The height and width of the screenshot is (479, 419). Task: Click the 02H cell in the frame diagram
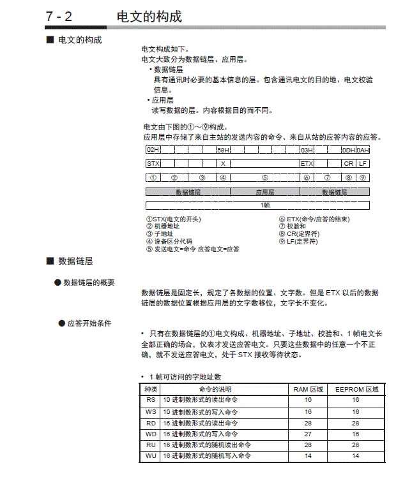tap(153, 150)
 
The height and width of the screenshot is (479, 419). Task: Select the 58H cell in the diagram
tap(223, 150)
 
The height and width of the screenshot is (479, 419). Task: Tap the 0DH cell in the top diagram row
tap(348, 150)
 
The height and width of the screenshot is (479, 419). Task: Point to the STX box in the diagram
tap(153, 163)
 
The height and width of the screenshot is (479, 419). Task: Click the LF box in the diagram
tap(362, 163)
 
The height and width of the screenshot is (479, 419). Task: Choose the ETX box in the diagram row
tap(307, 163)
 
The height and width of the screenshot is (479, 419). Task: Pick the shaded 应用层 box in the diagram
tap(265, 191)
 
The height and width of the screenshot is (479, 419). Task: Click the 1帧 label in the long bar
tap(265, 205)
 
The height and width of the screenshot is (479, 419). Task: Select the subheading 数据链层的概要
tap(89, 283)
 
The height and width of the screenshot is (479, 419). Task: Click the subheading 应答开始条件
tap(89, 323)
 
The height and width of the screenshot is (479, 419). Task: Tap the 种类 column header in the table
tap(151, 388)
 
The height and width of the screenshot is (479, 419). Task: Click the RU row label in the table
tap(151, 445)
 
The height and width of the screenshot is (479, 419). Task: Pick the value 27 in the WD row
tap(308, 434)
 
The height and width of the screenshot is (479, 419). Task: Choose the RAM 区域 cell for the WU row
tap(308, 456)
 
